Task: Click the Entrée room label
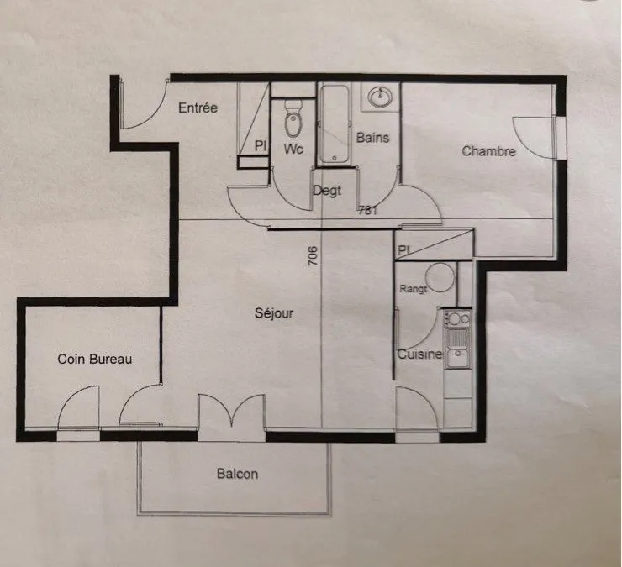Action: click(198, 108)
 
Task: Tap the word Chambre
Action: click(488, 151)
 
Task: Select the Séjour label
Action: click(274, 313)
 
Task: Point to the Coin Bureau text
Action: click(95, 360)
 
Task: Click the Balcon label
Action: click(237, 474)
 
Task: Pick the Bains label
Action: click(372, 138)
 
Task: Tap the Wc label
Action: click(293, 149)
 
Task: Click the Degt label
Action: click(327, 191)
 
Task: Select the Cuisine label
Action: click(419, 354)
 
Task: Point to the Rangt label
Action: click(413, 289)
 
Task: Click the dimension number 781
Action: click(367, 211)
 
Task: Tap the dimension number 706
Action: click(313, 256)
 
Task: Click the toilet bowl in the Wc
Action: click(293, 119)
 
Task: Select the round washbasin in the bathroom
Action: click(380, 97)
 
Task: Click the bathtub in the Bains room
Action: click(335, 124)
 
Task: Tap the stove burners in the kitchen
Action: click(457, 318)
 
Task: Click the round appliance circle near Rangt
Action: click(440, 277)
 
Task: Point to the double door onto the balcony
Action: click(232, 412)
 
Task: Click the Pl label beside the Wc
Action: click(260, 145)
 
